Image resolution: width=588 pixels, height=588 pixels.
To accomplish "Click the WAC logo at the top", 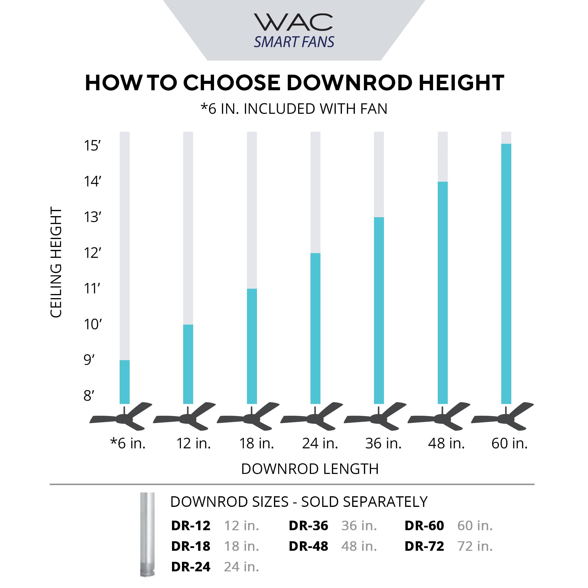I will click(293, 22).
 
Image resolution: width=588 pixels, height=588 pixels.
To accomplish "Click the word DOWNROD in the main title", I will click(349, 83).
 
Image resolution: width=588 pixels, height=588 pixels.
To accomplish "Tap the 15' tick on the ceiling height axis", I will click(92, 146).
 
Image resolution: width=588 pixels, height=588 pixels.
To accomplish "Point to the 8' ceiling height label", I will click(89, 396).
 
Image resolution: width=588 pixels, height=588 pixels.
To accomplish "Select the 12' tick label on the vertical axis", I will click(92, 253).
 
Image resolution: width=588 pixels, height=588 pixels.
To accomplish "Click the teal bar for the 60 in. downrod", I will click(506, 274).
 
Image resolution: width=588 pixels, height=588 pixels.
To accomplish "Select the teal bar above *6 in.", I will click(124, 382).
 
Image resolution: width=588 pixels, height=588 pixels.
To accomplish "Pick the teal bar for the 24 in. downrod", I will click(315, 329).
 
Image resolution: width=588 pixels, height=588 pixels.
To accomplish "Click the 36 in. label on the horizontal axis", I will click(383, 443).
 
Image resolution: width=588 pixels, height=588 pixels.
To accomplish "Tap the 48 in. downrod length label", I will click(446, 443).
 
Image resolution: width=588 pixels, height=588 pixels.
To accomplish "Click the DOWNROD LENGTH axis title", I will click(310, 469).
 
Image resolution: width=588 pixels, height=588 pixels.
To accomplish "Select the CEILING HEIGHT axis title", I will click(56, 262).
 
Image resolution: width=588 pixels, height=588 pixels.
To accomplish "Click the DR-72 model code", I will click(424, 546).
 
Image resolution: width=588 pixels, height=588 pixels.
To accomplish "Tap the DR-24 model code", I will click(191, 567).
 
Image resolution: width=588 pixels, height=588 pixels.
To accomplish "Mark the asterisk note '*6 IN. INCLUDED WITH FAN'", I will click(294, 109).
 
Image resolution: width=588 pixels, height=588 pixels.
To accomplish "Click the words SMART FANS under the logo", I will click(294, 42).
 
